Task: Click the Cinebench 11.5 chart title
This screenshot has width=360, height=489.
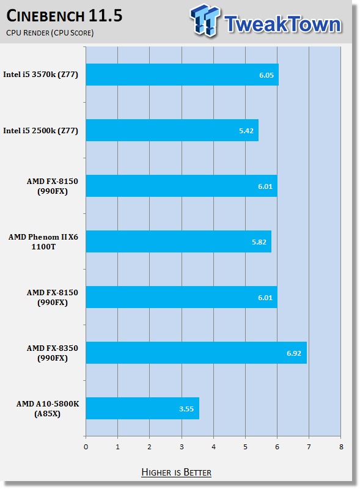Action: (x=64, y=16)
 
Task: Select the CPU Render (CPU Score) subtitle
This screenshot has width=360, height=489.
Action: (x=50, y=33)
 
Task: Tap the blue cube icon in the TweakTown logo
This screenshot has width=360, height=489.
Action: (x=205, y=20)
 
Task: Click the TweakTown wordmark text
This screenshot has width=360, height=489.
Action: (x=283, y=24)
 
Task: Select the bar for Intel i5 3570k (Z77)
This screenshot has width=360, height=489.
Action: (x=182, y=75)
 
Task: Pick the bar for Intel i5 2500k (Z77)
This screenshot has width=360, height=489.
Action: (x=172, y=130)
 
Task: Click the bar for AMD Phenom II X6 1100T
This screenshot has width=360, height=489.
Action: (x=178, y=241)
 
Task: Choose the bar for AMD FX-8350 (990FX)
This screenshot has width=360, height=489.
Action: (x=196, y=353)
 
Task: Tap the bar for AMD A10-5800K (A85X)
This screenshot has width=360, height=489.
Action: (x=142, y=408)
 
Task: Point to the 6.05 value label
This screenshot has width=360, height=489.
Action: (x=266, y=75)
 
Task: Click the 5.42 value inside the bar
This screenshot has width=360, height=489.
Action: (x=246, y=131)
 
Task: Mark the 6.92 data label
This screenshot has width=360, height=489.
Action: (x=294, y=353)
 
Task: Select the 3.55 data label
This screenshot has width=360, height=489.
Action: (x=186, y=409)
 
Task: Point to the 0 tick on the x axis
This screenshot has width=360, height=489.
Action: (x=86, y=447)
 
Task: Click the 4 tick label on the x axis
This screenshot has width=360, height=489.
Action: (x=213, y=447)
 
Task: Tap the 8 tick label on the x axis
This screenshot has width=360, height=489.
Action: (x=341, y=447)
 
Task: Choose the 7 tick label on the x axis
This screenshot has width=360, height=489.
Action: (x=309, y=447)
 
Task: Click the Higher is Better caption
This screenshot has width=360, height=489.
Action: (x=176, y=472)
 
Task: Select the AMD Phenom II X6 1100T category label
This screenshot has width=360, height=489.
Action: (x=43, y=241)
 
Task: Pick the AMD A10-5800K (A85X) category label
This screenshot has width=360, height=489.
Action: (x=48, y=408)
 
